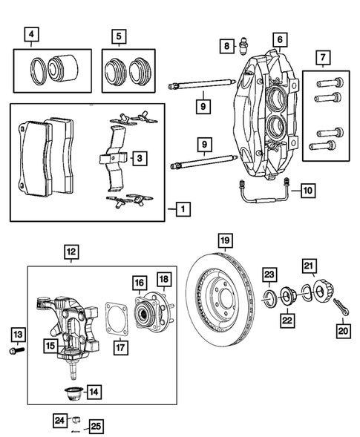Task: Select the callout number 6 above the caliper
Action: click(x=278, y=39)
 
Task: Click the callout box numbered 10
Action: click(x=306, y=191)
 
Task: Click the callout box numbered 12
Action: click(x=70, y=252)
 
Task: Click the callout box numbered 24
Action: click(x=59, y=421)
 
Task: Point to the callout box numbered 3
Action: click(x=138, y=158)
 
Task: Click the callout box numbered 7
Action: click(x=321, y=57)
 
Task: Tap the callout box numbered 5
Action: click(x=119, y=35)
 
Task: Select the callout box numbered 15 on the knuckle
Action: click(x=49, y=346)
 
